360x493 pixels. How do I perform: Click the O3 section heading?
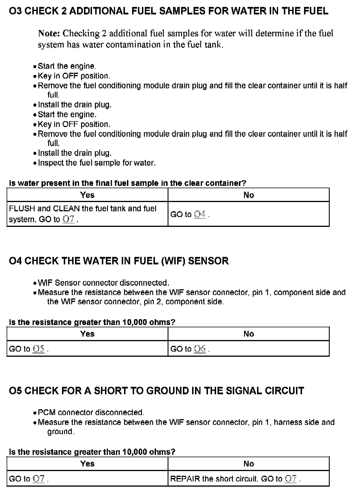click(168, 11)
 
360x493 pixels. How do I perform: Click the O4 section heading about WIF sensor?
click(119, 261)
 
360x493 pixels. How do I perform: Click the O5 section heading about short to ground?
click(156, 391)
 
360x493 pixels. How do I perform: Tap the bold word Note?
click(49, 33)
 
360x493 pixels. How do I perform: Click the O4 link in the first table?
click(200, 214)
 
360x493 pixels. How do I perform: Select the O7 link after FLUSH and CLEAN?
click(69, 219)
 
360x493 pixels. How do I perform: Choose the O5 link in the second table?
click(39, 349)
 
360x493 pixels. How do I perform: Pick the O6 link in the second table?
click(200, 349)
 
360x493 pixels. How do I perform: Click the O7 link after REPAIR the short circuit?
click(291, 479)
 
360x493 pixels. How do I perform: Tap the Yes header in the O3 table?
click(87, 195)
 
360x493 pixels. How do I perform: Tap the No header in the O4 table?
click(249, 334)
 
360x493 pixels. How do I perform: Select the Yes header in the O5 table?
click(87, 464)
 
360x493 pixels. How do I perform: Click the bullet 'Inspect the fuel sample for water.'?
click(97, 163)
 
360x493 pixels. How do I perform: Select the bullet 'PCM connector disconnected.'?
click(91, 412)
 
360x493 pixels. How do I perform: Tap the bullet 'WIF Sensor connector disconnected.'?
click(103, 283)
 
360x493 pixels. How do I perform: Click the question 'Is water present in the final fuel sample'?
click(127, 183)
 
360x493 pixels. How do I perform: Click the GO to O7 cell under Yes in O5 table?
click(29, 479)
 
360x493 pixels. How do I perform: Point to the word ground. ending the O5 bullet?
click(61, 432)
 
